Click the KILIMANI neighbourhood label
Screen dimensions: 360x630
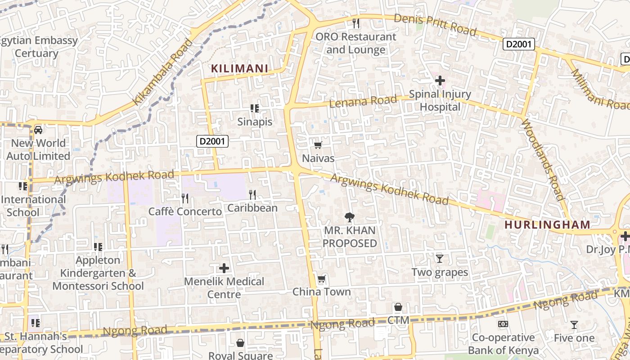(x=240, y=68)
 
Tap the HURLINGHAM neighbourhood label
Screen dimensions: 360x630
(x=547, y=225)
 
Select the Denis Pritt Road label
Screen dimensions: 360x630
(x=435, y=25)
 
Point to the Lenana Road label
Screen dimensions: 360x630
(x=363, y=101)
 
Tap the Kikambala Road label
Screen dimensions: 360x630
(x=163, y=72)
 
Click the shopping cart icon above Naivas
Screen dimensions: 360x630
(x=318, y=145)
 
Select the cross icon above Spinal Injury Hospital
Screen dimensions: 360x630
(x=440, y=81)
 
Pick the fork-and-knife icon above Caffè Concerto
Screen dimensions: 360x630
(x=184, y=198)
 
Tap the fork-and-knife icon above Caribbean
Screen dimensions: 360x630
(x=252, y=194)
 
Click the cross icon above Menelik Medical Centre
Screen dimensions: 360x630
(x=224, y=269)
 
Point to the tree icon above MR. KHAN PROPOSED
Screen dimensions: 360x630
(x=349, y=217)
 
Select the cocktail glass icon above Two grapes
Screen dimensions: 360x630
(x=440, y=259)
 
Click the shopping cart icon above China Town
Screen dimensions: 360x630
(x=321, y=279)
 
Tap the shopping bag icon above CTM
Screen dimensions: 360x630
(x=398, y=307)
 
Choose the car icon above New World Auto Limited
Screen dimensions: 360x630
(x=38, y=130)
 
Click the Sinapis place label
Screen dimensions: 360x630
(x=255, y=122)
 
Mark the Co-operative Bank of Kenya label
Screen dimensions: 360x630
(x=503, y=344)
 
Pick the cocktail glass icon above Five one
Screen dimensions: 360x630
(x=574, y=324)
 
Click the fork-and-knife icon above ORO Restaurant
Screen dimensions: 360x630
(x=356, y=23)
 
